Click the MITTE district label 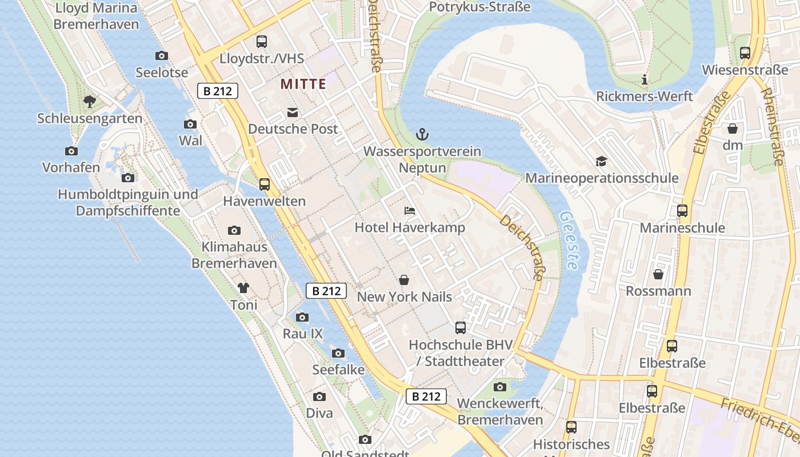[x=303, y=85]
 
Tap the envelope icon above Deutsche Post [x=293, y=112]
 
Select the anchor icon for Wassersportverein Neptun [x=422, y=135]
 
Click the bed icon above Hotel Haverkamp [x=410, y=211]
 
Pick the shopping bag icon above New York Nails [x=404, y=280]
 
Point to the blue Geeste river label [x=569, y=240]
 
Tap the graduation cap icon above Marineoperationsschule [x=601, y=162]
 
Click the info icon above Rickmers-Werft [x=645, y=80]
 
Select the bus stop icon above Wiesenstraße [x=745, y=53]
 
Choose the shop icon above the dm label [x=733, y=129]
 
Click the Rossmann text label [x=658, y=291]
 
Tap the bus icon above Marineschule [x=682, y=211]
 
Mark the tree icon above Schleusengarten [x=89, y=102]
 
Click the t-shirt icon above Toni [x=244, y=288]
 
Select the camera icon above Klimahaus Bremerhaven [x=234, y=231]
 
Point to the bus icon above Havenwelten [x=265, y=185]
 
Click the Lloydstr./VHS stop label [x=262, y=59]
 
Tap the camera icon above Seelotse [x=162, y=55]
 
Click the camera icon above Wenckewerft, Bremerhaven [x=500, y=387]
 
